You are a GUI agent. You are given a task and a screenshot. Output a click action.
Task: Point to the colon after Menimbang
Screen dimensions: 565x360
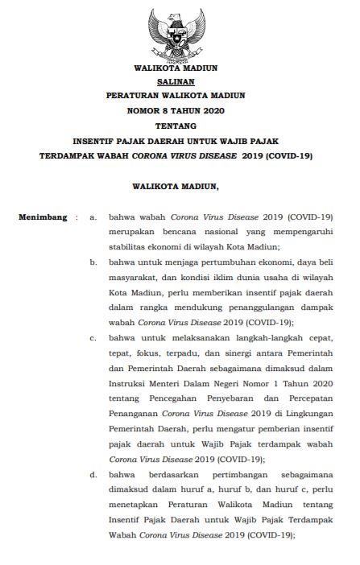point(76,217)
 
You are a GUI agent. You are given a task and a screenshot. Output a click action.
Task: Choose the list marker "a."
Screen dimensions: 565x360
point(93,217)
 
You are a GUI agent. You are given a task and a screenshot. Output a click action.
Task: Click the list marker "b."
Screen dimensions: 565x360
point(93,262)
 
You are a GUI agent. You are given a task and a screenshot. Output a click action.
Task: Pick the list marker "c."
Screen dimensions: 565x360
point(93,338)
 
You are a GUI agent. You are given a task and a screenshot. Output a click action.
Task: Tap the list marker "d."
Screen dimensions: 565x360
point(93,474)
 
